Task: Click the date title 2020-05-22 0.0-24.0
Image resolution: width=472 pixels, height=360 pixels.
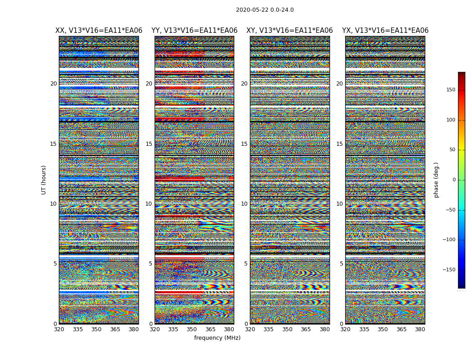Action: (x=265, y=10)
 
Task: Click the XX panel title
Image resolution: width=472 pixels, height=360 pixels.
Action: (x=99, y=31)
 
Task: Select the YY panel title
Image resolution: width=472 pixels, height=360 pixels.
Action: (x=194, y=31)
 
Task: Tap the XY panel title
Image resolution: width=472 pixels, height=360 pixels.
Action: (x=289, y=31)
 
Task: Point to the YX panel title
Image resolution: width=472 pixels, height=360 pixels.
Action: (x=385, y=31)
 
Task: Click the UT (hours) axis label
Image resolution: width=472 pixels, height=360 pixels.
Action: (x=44, y=180)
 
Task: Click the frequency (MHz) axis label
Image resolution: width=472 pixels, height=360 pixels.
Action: (x=217, y=338)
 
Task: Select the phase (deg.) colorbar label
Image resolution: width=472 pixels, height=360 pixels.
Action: (x=436, y=180)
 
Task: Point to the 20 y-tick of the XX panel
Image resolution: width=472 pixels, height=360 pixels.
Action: (x=53, y=84)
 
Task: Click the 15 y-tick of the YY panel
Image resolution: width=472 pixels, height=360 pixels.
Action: (x=149, y=144)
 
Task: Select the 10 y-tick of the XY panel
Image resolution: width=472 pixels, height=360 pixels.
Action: (x=245, y=204)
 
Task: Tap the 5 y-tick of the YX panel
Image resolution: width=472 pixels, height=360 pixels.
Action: (x=341, y=264)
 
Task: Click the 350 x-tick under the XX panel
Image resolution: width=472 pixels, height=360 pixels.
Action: (x=97, y=329)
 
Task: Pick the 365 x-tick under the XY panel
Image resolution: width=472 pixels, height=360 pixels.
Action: (x=306, y=329)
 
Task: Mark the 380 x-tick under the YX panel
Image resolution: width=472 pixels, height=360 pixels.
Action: (x=420, y=329)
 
